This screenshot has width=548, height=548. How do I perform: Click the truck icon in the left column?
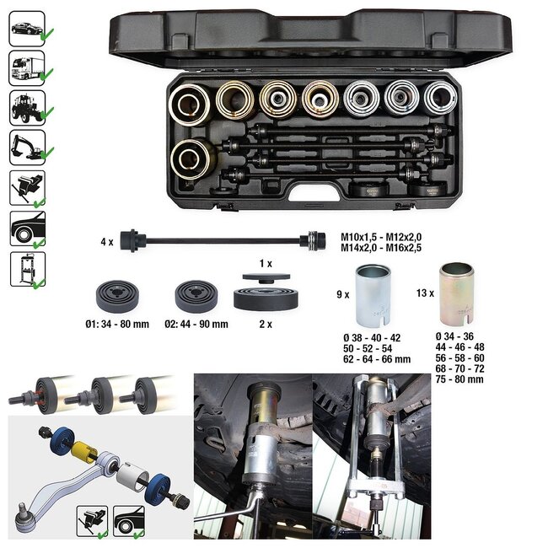tap(26, 67)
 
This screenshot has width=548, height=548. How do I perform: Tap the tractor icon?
tap(26, 107)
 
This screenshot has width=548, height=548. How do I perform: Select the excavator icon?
tap(26, 147)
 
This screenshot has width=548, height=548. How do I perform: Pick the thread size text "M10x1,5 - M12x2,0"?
tap(387, 238)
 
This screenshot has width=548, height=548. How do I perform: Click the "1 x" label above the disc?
tap(266, 265)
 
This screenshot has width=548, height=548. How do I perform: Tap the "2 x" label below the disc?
tap(266, 324)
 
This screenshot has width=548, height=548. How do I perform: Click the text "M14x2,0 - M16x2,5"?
tap(387, 250)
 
